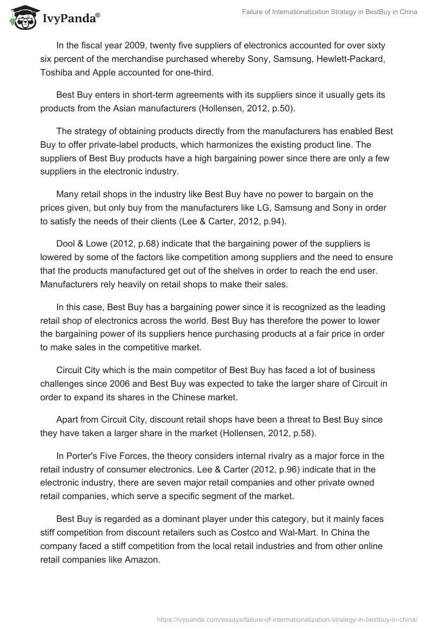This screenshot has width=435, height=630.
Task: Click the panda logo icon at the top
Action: [21, 18]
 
